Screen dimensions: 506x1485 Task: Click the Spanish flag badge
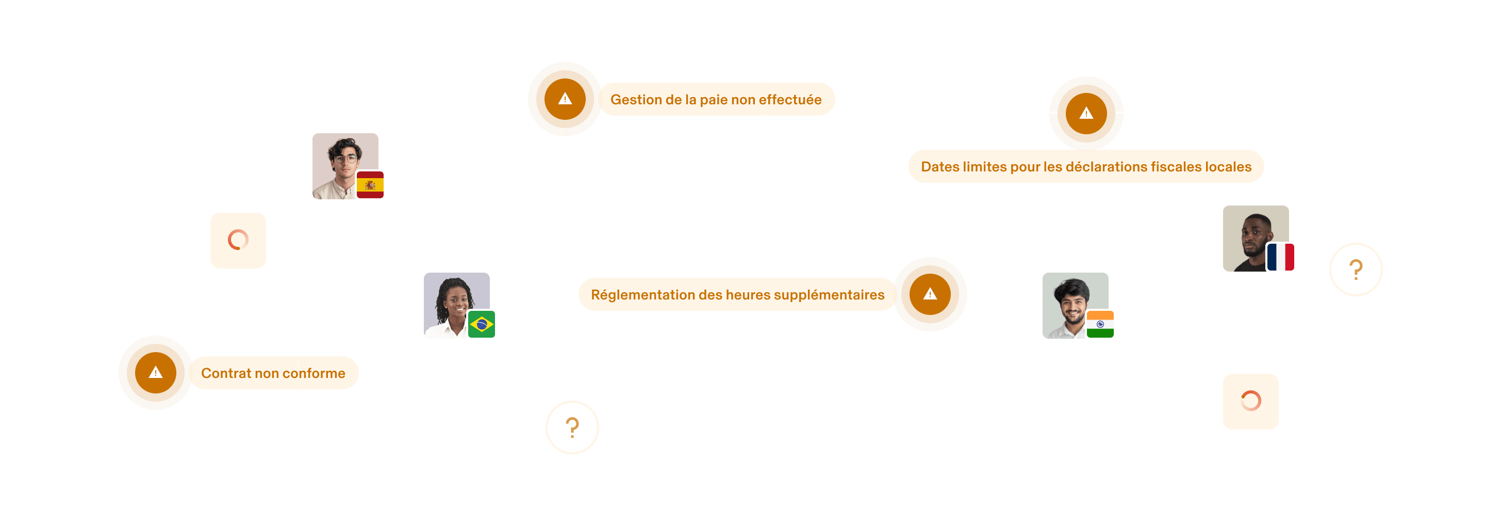(x=370, y=185)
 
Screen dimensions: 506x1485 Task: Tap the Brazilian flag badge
(x=481, y=324)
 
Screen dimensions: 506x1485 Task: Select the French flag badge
(x=1280, y=257)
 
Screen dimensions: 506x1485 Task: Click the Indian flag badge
(x=1099, y=324)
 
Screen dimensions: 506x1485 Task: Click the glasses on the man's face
(x=345, y=159)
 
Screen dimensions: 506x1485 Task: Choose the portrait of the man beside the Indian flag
(x=1071, y=303)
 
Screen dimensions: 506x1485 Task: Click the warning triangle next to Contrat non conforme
(x=156, y=373)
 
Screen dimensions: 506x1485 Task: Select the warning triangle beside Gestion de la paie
(x=565, y=99)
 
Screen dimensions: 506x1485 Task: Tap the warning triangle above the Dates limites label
(x=1086, y=113)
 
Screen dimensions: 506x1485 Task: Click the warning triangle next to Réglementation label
(x=930, y=294)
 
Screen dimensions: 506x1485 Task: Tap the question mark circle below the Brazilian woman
(x=572, y=428)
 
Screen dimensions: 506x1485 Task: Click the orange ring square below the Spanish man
(x=238, y=240)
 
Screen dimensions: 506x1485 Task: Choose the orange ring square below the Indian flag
(x=1250, y=401)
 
